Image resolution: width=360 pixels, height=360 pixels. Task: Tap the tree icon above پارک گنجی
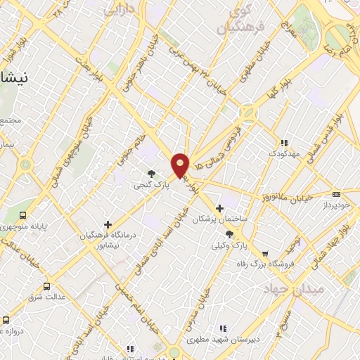pos(151,173)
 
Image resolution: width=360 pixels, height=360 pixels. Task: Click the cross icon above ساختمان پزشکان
pos(220,207)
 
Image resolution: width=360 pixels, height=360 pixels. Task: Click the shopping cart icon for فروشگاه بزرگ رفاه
pos(264,254)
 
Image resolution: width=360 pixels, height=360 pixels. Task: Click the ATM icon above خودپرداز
pos(336,194)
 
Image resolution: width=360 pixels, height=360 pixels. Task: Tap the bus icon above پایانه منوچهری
pos(23,215)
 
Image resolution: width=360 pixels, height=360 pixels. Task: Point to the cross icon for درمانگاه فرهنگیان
pos(108,224)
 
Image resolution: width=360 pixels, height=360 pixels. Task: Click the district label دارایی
pos(118,10)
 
